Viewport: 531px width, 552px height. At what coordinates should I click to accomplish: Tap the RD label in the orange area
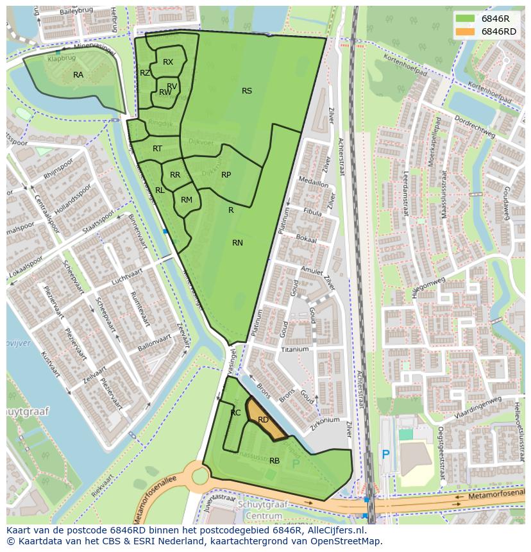click(x=263, y=420)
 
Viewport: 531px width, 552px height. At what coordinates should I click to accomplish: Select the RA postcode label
click(x=78, y=75)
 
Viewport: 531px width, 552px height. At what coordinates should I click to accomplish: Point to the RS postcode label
click(x=247, y=91)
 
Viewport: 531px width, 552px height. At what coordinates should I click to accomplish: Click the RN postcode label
click(x=237, y=242)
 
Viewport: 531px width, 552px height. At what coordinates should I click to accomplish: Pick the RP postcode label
click(x=226, y=174)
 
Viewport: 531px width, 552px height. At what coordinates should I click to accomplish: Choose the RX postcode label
click(x=168, y=62)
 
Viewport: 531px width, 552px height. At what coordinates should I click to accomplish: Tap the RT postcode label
click(x=157, y=149)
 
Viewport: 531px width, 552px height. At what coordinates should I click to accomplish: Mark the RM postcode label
click(x=187, y=200)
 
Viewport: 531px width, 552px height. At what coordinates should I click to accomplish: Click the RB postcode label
click(x=274, y=461)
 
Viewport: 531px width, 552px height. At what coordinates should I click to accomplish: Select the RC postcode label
click(x=235, y=413)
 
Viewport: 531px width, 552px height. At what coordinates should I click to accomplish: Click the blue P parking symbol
click(x=385, y=455)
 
